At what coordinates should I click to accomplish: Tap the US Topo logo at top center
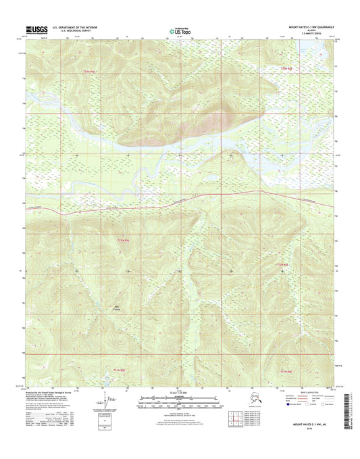[179, 30]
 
